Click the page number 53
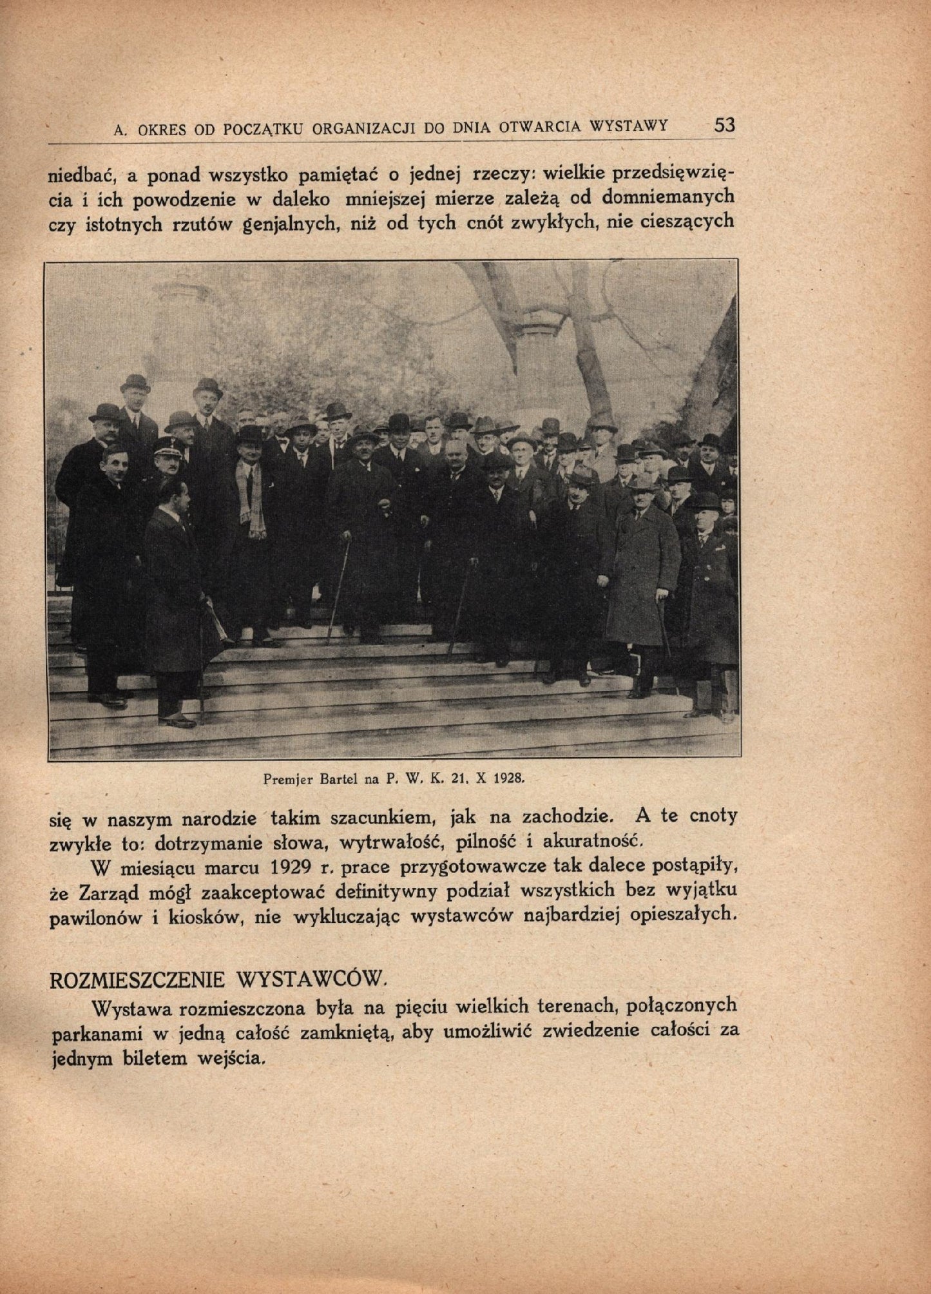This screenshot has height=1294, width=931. point(724,125)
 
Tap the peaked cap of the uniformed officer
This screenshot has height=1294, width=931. point(168,445)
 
